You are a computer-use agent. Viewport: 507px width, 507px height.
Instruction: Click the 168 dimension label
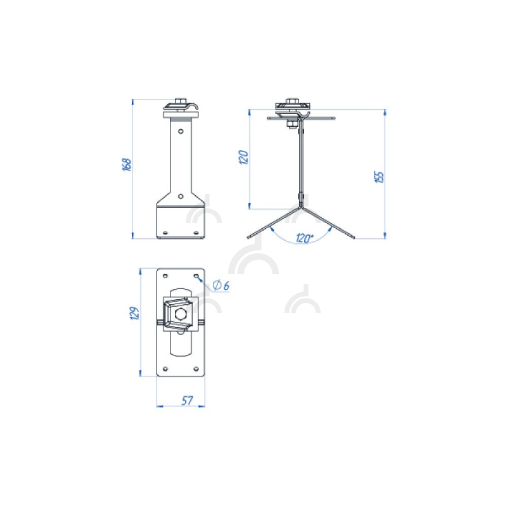click(128, 165)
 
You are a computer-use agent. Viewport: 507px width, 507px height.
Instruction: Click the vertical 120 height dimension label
click(243, 157)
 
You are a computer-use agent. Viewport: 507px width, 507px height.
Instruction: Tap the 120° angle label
click(304, 238)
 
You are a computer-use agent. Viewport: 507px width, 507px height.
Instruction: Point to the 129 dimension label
click(134, 313)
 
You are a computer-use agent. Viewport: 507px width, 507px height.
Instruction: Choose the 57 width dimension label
click(187, 401)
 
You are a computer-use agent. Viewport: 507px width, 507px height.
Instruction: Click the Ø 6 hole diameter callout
click(221, 286)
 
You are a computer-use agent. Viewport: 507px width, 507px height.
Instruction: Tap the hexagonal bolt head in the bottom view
click(179, 313)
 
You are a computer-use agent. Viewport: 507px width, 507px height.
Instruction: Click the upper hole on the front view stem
click(181, 131)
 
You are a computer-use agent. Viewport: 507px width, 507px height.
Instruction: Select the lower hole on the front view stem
click(181, 196)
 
